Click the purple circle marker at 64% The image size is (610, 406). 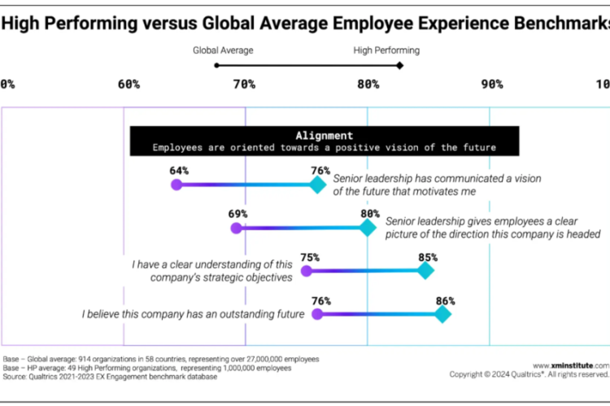176,185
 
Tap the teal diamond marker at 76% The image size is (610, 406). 317,185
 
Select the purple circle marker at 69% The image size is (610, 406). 237,228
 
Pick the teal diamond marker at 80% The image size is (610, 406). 367,228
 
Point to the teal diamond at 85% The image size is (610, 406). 425,271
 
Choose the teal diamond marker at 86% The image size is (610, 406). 442,313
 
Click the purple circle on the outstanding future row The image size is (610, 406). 318,313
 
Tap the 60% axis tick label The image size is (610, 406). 129,84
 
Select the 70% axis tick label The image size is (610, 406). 245,84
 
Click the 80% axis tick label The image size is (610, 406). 368,84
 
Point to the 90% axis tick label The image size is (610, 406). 491,84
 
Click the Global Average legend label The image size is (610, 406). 223,50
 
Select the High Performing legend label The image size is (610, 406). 386,50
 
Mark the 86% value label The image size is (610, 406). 445,299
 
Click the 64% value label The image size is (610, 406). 179,171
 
